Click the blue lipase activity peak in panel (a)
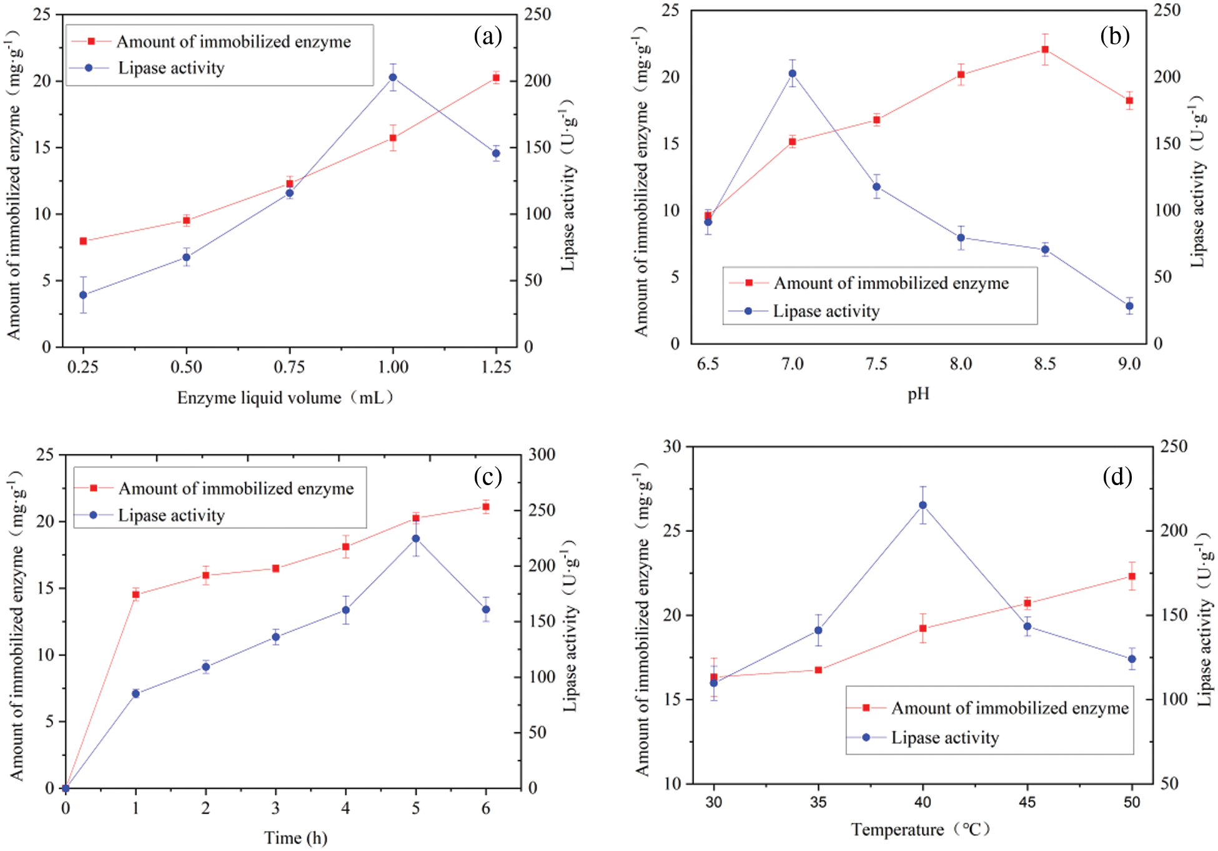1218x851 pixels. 393,77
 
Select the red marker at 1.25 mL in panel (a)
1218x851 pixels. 496,77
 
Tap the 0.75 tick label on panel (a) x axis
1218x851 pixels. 289,367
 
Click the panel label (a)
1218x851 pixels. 488,36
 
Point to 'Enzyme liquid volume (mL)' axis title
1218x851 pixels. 285,398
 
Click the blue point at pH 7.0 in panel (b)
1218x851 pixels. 792,74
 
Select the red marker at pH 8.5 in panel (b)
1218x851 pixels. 1045,49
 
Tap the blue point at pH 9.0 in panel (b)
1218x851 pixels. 1129,306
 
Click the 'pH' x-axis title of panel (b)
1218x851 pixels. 918,394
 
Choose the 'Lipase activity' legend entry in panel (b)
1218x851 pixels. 826,311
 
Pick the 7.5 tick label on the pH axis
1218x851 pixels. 876,363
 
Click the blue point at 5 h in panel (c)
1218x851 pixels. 416,538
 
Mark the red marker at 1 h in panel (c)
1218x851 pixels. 136,594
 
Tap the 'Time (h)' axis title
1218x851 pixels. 295,837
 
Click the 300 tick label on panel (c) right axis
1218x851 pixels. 542,455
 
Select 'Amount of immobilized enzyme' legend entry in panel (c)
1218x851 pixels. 235,488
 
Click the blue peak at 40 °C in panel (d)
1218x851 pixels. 923,505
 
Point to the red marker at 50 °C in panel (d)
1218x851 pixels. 1132,576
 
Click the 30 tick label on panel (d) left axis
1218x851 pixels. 673,446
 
